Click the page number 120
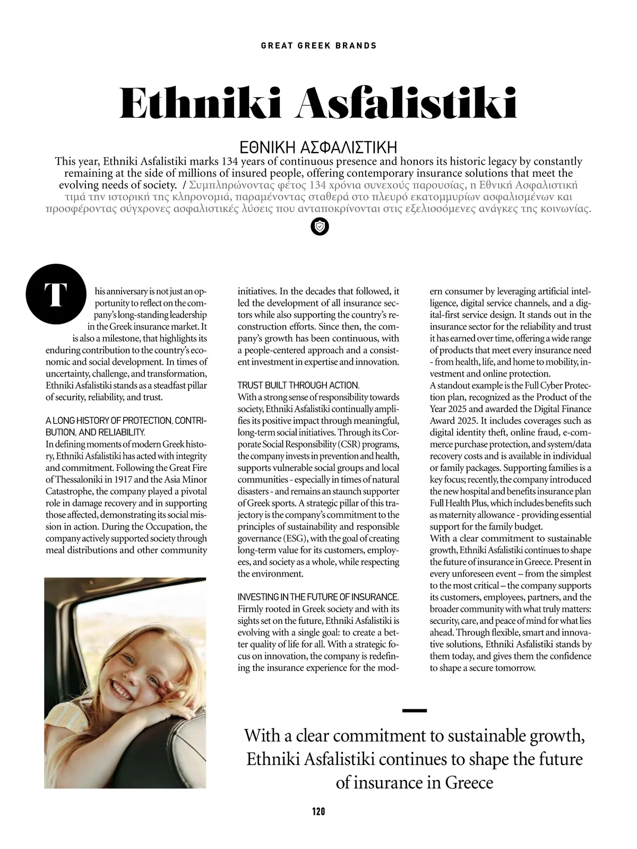[318, 811]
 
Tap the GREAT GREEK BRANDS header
[318, 46]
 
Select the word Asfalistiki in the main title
[406, 104]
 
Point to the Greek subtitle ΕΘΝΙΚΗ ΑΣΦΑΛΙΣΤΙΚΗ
[318, 147]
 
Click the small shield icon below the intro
[319, 227]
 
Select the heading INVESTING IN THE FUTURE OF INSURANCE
[317, 597]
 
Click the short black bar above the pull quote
[415, 710]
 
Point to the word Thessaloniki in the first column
[71, 479]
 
